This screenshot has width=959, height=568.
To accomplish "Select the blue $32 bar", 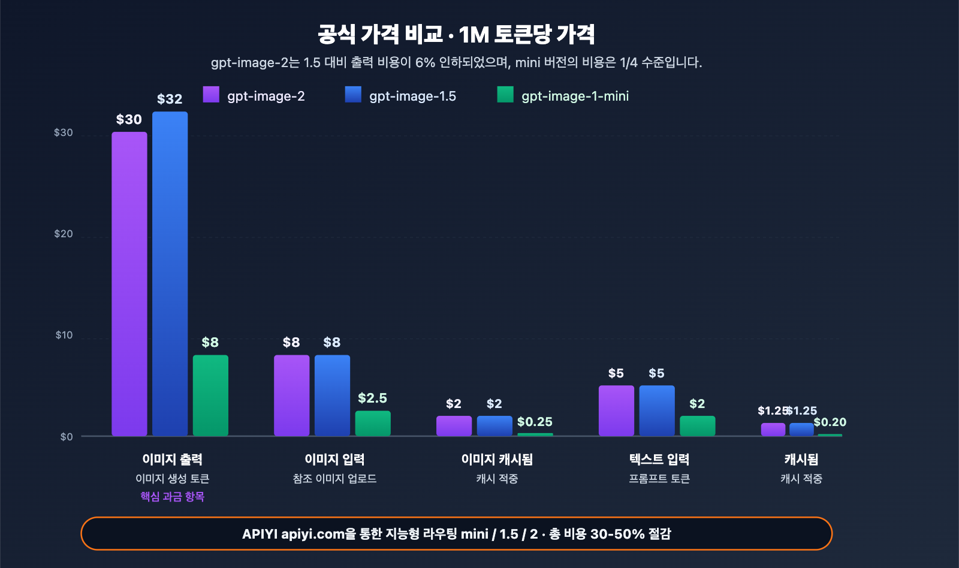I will [170, 273].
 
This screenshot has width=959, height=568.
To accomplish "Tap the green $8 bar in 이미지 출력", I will [210, 395].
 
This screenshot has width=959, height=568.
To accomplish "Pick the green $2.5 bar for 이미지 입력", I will [373, 423].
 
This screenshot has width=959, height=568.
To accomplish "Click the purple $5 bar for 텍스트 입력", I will [616, 410].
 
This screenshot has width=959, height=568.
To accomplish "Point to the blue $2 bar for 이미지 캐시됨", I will [494, 425].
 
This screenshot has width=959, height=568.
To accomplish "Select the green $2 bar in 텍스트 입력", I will [697, 425].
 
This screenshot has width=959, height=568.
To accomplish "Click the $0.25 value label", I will [535, 422].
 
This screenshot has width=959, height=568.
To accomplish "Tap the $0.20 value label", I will [830, 422].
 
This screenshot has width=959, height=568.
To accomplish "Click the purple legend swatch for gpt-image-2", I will [211, 95].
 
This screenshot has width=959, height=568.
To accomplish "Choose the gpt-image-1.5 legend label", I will [412, 96].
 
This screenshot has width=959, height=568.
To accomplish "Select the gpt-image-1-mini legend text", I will [575, 96].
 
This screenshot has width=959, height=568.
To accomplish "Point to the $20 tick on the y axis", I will [64, 234].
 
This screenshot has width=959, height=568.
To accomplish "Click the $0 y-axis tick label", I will [67, 437].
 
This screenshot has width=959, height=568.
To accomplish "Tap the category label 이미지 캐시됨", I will [497, 459].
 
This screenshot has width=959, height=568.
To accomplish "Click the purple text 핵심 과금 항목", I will [173, 496].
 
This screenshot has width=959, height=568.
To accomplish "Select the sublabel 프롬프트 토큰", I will [659, 478].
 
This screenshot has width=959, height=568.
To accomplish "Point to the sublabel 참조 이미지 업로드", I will [334, 478].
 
